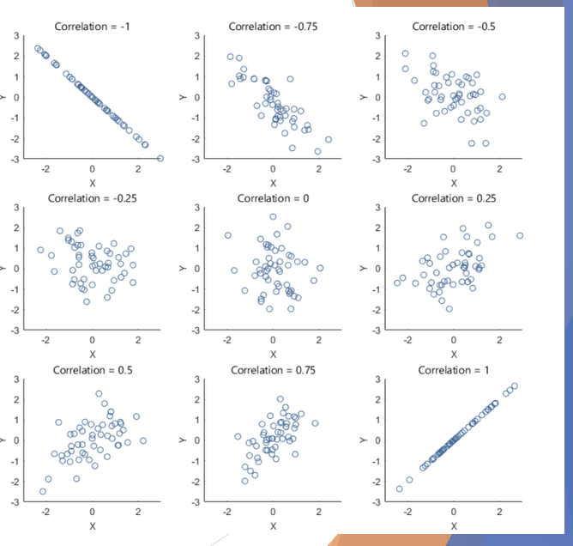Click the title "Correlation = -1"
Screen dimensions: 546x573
tap(92, 26)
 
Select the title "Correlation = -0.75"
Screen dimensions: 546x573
tap(272, 26)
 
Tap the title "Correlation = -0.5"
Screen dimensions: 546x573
tap(453, 26)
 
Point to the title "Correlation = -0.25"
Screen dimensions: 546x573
tap(92, 198)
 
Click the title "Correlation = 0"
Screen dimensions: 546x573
tap(272, 198)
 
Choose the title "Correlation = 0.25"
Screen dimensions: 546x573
tap(453, 198)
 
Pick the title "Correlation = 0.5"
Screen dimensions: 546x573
tap(92, 370)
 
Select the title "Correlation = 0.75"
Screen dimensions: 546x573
tap(272, 370)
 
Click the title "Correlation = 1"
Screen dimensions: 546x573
tap(453, 370)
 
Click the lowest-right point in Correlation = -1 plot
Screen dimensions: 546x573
tap(160, 158)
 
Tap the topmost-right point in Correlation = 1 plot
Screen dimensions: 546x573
tap(514, 386)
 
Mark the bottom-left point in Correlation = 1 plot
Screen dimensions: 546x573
tap(399, 489)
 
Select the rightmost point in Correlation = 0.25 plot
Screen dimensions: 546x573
tap(520, 235)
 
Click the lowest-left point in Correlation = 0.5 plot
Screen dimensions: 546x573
tap(42, 491)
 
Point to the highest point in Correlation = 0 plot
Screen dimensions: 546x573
tap(273, 216)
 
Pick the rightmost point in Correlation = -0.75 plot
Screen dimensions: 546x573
tap(328, 139)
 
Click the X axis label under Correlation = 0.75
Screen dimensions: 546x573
tap(273, 525)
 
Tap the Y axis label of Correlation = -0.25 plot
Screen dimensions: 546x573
tap(3, 268)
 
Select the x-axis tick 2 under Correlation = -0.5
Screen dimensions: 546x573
tap(499, 170)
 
